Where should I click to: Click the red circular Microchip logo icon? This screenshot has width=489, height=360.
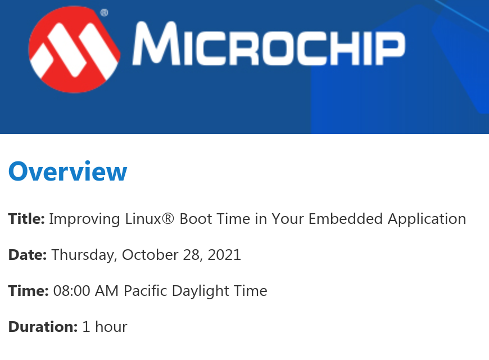click(74, 49)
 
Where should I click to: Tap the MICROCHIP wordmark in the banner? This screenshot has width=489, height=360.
click(269, 44)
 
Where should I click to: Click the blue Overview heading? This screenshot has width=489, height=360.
click(67, 171)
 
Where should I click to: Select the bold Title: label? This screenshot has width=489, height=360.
click(26, 219)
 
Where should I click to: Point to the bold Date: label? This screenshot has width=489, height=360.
click(28, 255)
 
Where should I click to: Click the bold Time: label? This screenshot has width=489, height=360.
click(28, 291)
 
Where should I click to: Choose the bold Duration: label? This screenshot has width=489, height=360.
click(43, 327)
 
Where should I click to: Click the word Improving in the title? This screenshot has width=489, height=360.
click(84, 219)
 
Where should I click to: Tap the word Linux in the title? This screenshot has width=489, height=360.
click(143, 219)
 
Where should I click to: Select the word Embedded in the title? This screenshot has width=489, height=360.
click(346, 219)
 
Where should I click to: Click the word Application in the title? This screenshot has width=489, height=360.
click(427, 219)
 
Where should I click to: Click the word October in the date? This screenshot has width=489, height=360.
click(150, 255)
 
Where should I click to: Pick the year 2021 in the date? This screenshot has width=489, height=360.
click(224, 255)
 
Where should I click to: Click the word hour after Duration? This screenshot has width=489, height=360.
click(111, 327)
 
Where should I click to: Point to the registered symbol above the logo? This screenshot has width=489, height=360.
click(104, 13)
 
